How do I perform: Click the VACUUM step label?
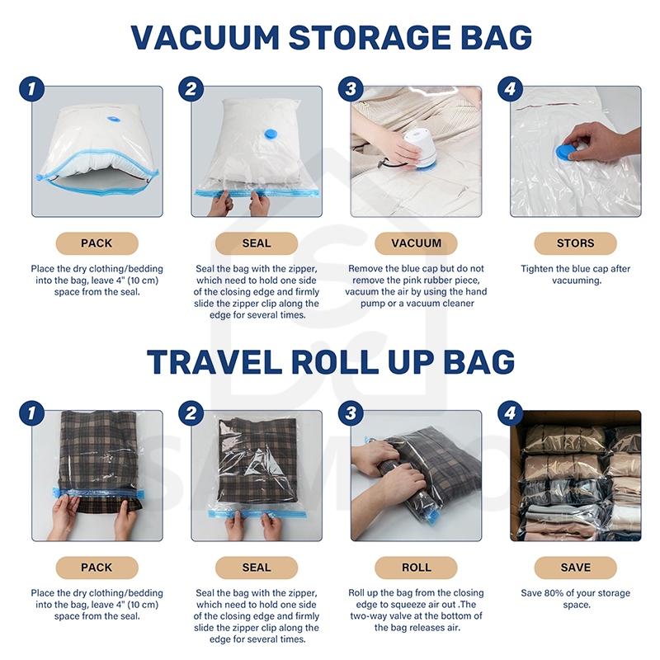[416, 243]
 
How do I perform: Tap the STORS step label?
[575, 243]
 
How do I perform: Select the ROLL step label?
[416, 568]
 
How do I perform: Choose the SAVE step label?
[575, 568]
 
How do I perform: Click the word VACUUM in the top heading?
[205, 37]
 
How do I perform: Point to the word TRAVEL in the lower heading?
[214, 361]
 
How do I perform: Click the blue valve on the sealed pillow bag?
[270, 134]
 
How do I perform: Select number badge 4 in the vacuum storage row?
[510, 89]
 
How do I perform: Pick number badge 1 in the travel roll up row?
[32, 413]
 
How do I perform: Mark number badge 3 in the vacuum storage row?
[351, 89]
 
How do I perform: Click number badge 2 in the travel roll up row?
[191, 413]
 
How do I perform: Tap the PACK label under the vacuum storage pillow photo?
[97, 243]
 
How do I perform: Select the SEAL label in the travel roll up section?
[257, 568]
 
